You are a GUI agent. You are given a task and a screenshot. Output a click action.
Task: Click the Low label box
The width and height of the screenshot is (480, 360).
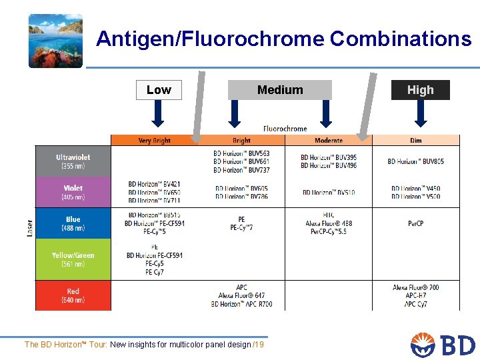click(159, 90)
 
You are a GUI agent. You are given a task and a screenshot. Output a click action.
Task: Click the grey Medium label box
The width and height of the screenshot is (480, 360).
click(280, 90)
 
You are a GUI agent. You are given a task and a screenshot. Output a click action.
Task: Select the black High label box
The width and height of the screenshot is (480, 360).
click(420, 90)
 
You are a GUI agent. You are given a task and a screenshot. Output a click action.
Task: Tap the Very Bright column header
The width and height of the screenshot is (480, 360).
click(154, 141)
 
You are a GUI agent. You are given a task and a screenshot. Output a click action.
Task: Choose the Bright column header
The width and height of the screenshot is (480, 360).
click(241, 141)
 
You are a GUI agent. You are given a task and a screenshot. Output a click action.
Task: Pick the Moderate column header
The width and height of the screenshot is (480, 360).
click(329, 141)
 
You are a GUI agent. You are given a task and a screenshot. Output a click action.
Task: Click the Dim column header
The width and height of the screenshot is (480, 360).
click(416, 141)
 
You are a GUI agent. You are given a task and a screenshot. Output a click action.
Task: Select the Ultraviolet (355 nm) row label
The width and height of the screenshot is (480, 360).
click(73, 161)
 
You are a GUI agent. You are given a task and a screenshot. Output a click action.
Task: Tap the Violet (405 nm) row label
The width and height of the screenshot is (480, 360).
click(73, 193)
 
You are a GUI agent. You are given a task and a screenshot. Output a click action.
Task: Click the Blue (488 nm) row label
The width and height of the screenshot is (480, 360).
click(73, 223)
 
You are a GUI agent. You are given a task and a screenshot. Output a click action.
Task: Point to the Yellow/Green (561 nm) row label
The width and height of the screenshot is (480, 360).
click(73, 259)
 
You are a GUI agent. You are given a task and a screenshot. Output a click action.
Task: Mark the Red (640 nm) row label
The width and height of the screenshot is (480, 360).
click(73, 295)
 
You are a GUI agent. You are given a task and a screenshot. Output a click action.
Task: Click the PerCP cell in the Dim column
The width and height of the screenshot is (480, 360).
click(416, 223)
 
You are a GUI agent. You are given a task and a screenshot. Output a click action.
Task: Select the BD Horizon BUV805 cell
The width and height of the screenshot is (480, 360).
click(416, 161)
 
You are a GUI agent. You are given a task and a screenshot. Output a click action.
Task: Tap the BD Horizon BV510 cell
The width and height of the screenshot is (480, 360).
click(329, 193)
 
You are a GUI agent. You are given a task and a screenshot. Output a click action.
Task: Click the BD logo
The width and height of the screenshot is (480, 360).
click(443, 345)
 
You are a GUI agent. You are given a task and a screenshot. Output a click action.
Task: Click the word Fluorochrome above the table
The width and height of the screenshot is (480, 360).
click(285, 129)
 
